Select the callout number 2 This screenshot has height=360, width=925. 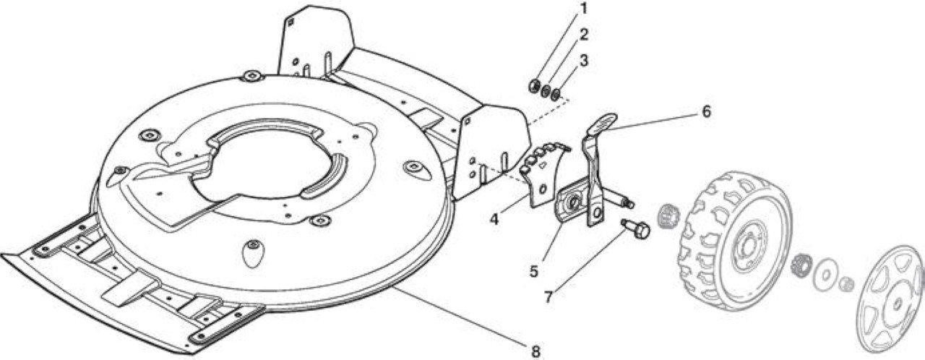[x=583, y=35]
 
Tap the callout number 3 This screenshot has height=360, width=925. [x=583, y=61]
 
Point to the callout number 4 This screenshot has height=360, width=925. [x=494, y=219]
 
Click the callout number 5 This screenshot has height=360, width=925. [x=534, y=272]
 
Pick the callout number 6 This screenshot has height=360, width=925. [x=707, y=111]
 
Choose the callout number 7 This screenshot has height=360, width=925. [x=548, y=297]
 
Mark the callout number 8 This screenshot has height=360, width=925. [x=535, y=352]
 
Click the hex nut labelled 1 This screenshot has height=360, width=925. [x=533, y=85]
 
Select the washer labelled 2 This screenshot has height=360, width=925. [x=546, y=90]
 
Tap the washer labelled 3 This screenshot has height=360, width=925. [x=556, y=94]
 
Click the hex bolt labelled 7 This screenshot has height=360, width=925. [x=636, y=228]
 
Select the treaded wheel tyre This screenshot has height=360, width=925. [x=735, y=241]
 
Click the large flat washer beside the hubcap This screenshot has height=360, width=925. [x=825, y=275]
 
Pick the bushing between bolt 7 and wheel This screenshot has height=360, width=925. [x=666, y=216]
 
